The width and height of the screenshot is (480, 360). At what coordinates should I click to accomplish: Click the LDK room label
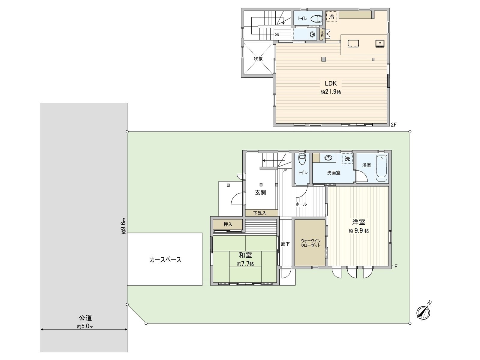coord(330,84)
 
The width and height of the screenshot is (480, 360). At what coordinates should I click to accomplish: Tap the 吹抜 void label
coord(258,59)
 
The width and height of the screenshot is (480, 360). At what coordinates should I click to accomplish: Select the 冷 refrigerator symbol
coord(331,17)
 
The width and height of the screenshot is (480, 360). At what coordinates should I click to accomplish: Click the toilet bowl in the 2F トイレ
coord(316,19)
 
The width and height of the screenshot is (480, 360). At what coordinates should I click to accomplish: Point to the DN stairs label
coord(277,34)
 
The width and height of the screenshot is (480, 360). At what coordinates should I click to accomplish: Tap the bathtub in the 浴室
coord(382,169)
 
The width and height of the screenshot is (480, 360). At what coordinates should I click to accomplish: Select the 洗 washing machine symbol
coord(347,159)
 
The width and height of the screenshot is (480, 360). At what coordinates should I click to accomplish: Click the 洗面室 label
coord(334,173)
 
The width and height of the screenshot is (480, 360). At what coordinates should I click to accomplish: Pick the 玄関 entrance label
coord(260,193)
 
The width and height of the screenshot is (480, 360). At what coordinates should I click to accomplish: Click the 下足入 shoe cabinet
coord(260,213)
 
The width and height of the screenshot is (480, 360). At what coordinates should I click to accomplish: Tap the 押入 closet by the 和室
coord(228,224)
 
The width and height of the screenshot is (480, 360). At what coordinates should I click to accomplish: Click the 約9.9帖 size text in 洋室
coord(358,231)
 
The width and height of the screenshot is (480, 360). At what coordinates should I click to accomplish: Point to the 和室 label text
coord(245,255)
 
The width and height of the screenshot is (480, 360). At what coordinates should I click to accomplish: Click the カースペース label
coord(166,260)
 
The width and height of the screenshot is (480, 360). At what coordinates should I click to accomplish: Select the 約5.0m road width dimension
coord(85,327)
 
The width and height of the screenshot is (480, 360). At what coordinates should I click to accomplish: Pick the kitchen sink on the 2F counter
coord(379,43)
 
